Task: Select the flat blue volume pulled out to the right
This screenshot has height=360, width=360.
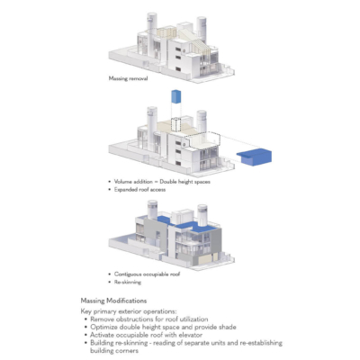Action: coord(255,158)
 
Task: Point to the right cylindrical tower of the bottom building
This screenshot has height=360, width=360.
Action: coord(202,212)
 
